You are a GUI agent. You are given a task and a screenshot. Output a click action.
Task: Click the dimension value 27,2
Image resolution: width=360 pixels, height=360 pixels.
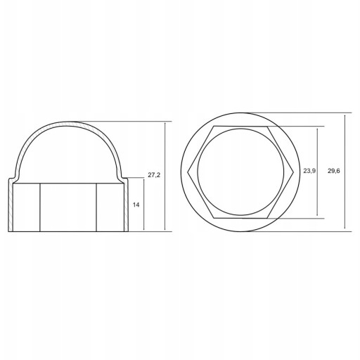point(154,175)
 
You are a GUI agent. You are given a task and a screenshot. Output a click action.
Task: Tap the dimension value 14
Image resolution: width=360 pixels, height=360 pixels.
point(136,205)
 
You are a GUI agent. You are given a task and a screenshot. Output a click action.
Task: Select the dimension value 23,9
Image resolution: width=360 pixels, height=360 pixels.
point(309,171)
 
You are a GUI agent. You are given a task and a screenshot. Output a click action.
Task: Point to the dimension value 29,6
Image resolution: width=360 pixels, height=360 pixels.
point(333,171)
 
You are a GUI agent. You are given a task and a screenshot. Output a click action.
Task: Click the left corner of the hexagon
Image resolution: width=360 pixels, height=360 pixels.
point(188,172)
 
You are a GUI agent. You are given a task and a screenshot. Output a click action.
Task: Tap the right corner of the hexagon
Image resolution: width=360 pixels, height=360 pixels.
point(294,172)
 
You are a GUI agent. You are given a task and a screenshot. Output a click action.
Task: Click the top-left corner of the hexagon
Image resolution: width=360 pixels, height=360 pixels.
point(214,127)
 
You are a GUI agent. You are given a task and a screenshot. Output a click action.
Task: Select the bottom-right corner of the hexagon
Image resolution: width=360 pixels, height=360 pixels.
point(267,219)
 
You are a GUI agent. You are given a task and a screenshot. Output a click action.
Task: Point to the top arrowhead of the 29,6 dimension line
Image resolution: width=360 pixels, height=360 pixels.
point(345,116)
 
